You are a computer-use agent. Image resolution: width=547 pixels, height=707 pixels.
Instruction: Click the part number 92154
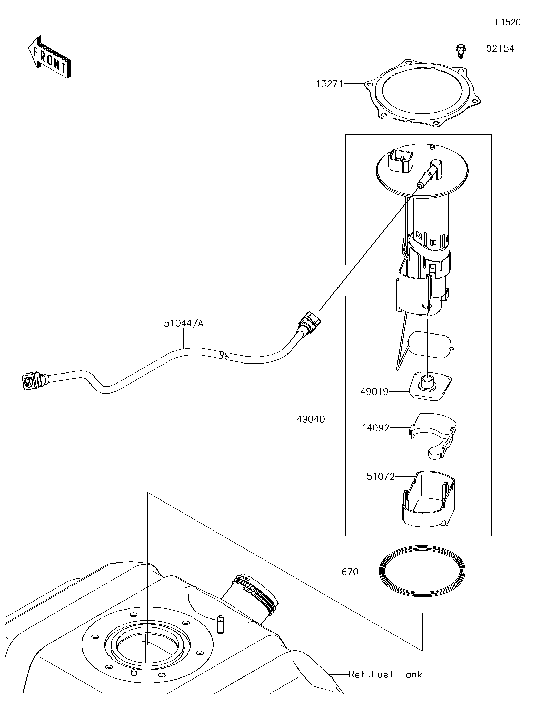(500, 48)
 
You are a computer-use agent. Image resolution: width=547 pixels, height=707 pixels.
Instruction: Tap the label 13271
(330, 84)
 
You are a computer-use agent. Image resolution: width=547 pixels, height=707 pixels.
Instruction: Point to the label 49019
(374, 392)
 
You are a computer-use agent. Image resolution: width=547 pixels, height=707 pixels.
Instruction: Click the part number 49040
(311, 419)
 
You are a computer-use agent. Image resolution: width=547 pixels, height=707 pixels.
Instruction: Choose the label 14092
(375, 428)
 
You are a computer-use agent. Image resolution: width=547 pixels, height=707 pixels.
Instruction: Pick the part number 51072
(381, 477)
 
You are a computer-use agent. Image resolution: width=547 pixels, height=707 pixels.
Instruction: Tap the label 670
(350, 572)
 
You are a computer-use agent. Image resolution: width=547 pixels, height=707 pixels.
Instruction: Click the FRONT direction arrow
(49, 57)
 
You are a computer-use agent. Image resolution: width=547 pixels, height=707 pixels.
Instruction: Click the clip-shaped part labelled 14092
(432, 436)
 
